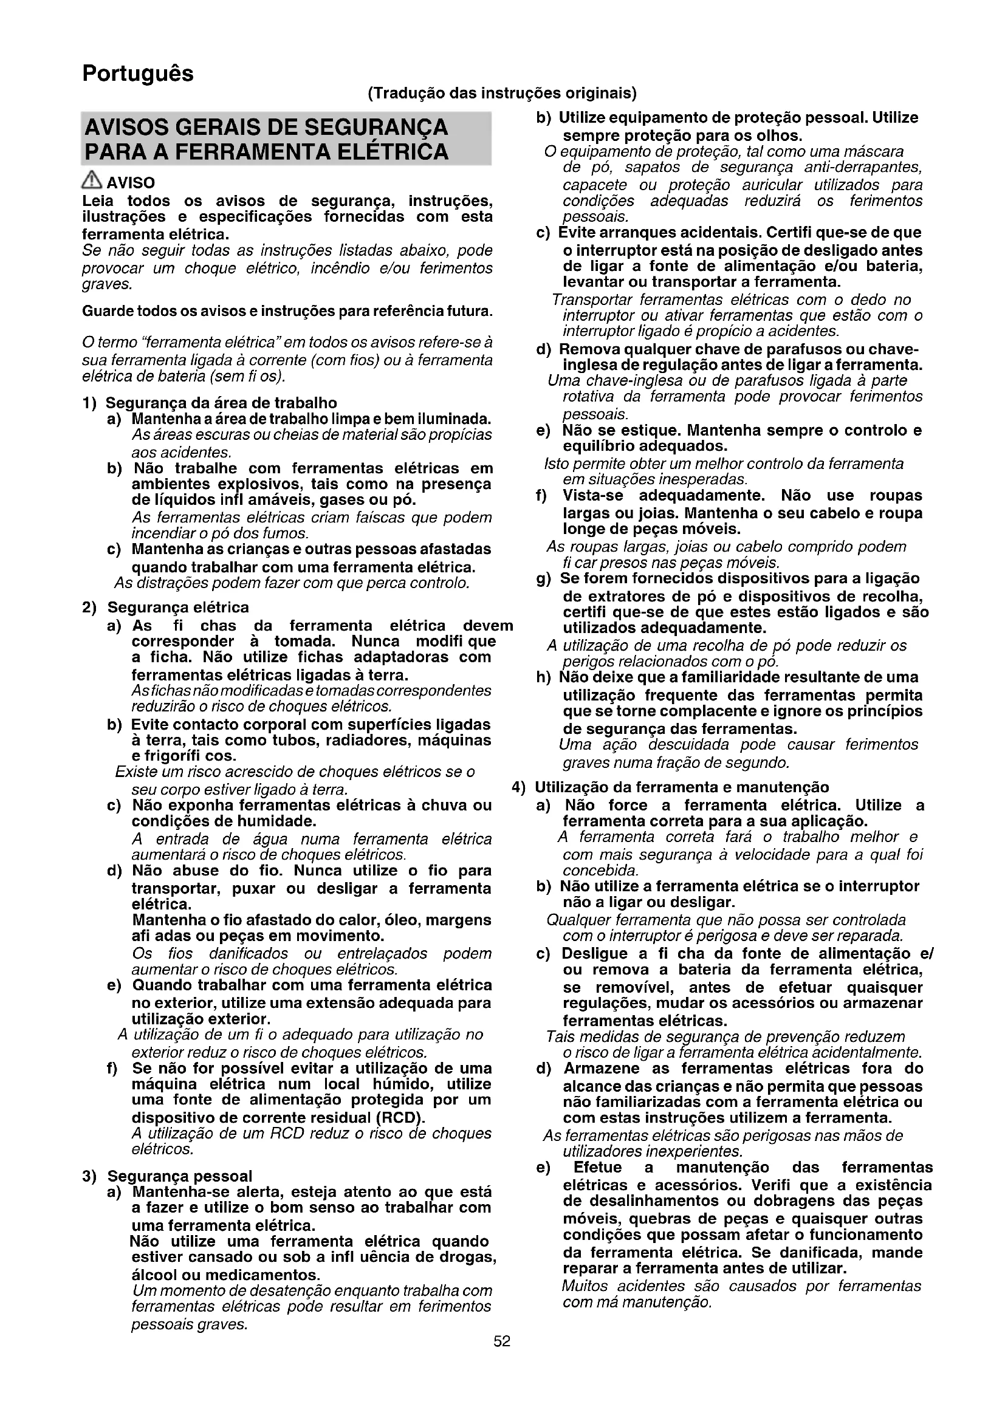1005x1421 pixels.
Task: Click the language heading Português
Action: [137, 74]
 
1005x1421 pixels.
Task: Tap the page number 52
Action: [502, 1341]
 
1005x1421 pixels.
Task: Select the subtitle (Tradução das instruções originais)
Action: [502, 94]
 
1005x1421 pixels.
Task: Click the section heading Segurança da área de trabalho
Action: [221, 403]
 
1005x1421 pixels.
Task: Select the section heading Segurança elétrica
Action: [177, 607]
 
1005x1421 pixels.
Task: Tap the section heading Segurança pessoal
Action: [179, 1176]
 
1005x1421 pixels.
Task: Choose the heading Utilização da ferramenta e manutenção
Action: [681, 787]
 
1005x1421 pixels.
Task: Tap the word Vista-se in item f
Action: [592, 495]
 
